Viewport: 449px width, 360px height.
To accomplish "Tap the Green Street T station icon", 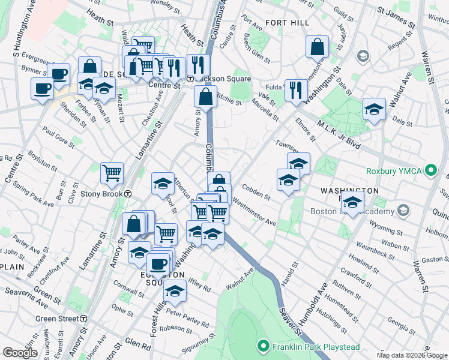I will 85,319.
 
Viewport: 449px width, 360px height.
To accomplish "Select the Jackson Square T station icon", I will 190,79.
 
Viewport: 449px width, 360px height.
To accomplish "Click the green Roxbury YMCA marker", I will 430,171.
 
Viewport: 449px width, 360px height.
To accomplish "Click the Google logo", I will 20,353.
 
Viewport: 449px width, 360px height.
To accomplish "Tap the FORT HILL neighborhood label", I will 287,23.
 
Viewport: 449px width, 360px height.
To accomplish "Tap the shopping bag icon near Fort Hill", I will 317,46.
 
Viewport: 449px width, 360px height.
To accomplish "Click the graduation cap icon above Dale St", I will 374,109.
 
